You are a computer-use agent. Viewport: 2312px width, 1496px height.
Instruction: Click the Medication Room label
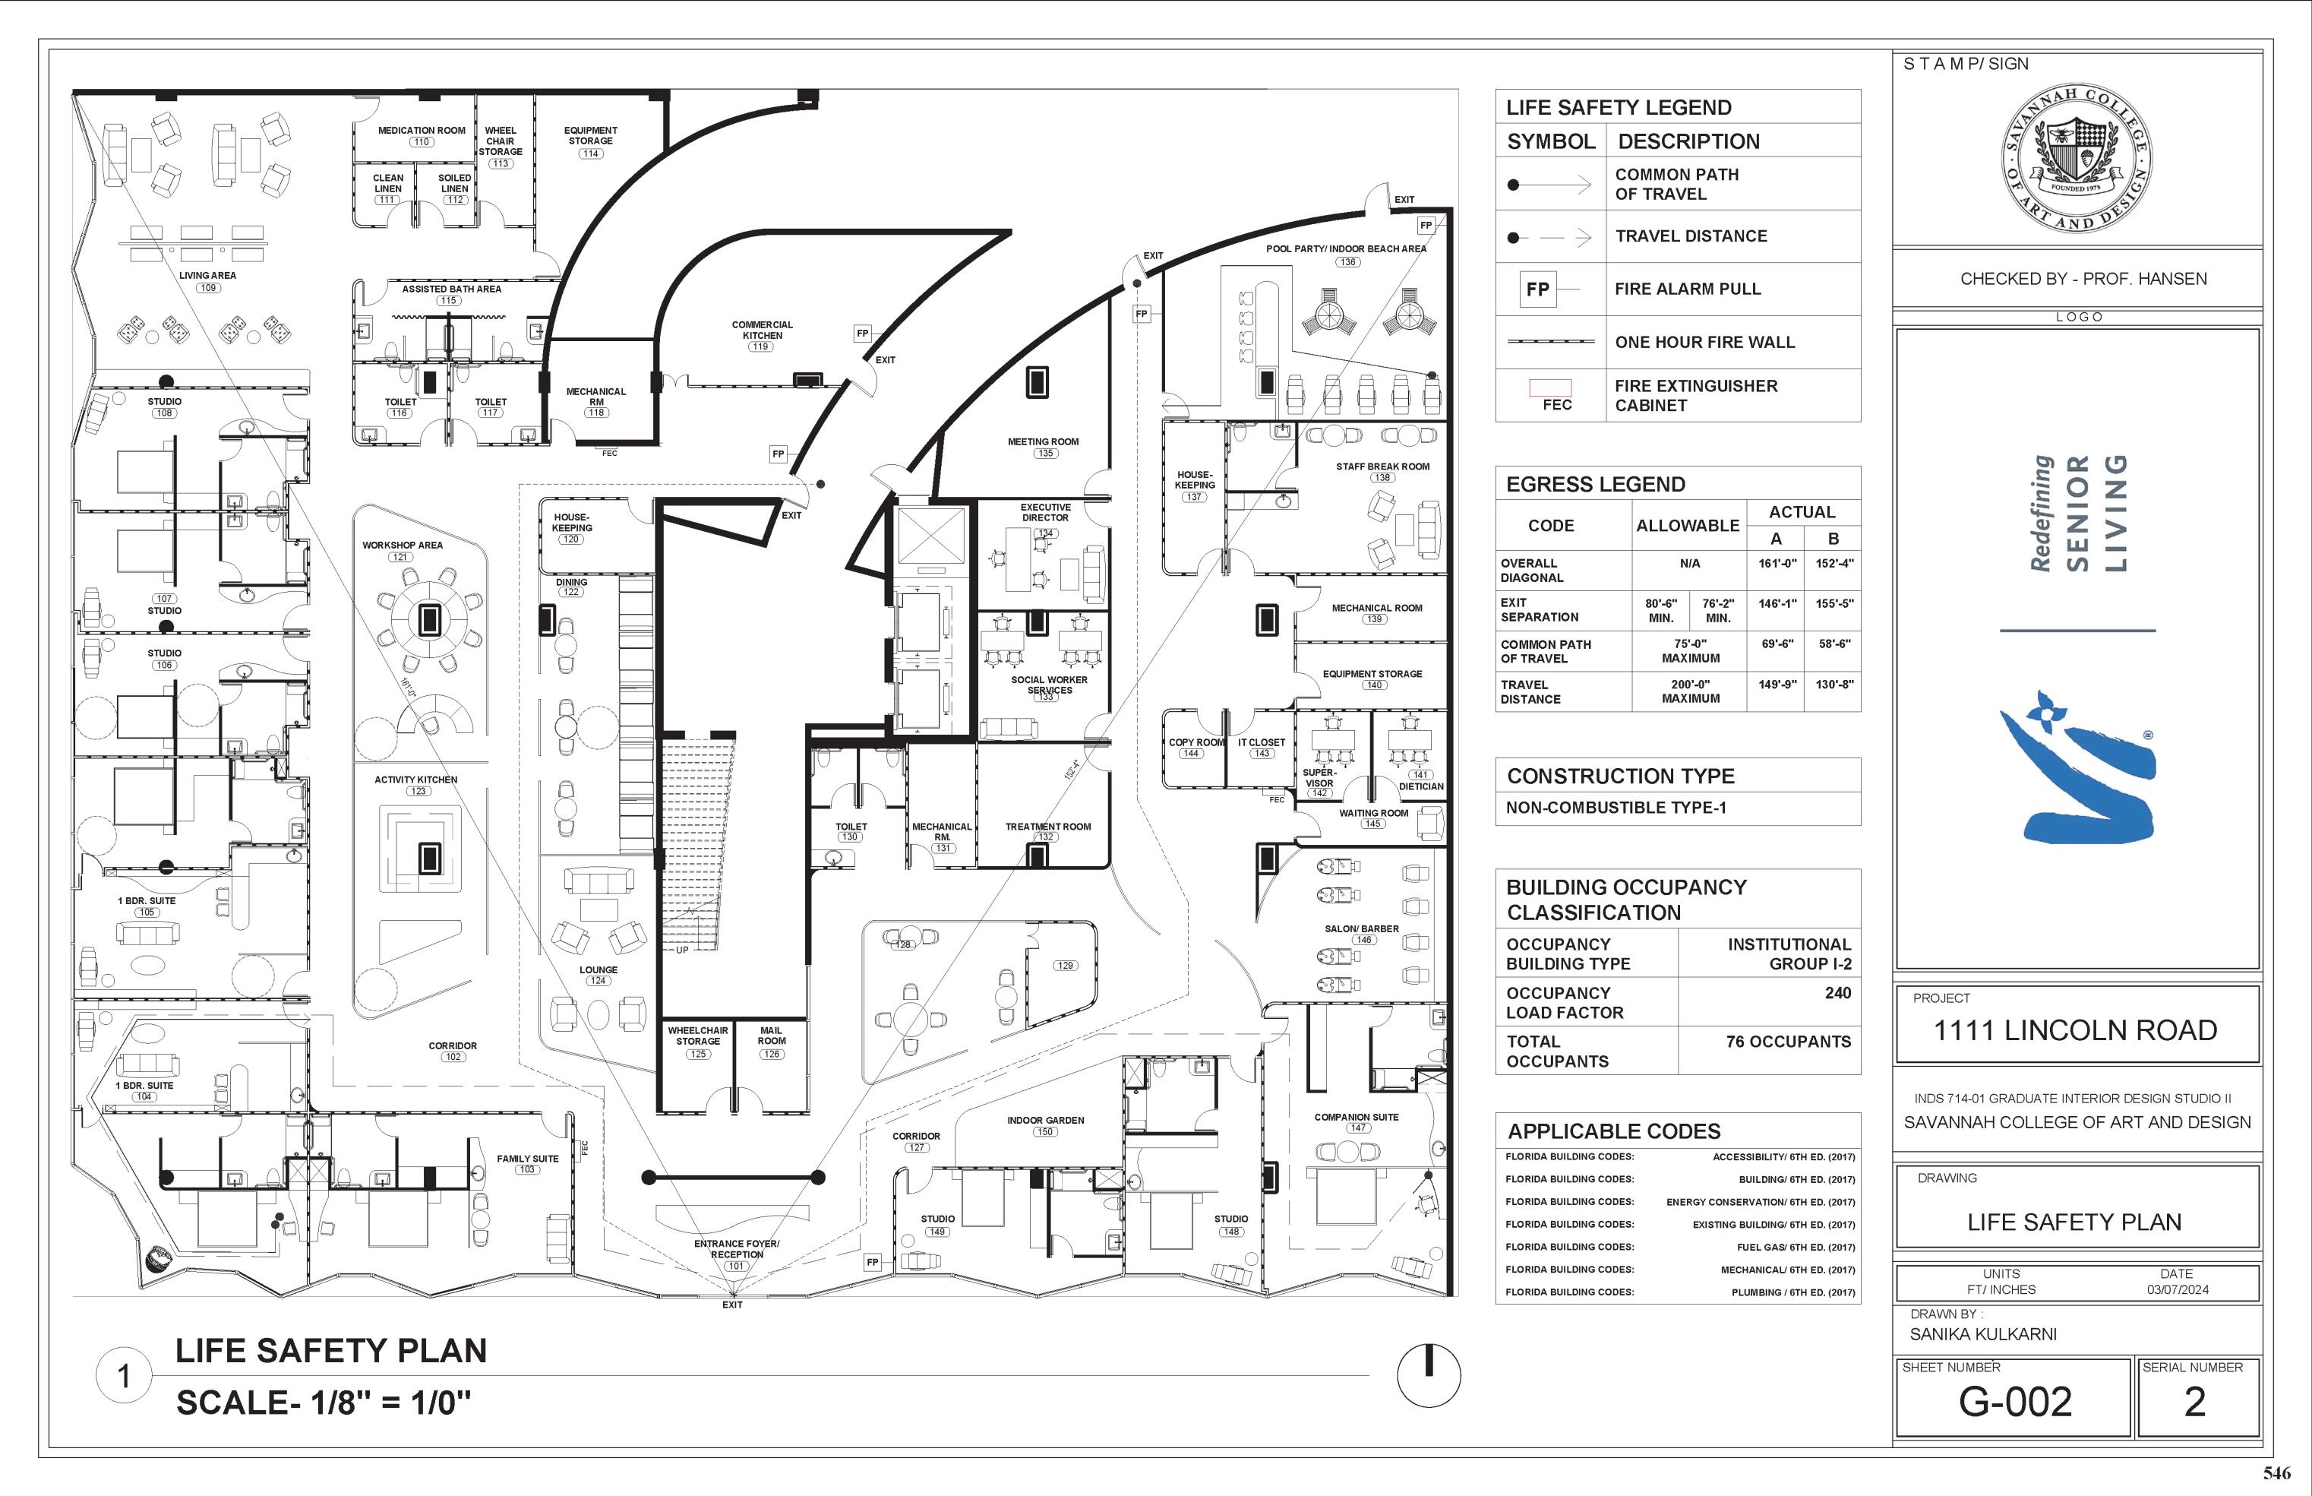point(422,130)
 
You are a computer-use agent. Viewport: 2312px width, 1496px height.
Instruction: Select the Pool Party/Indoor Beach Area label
point(1346,248)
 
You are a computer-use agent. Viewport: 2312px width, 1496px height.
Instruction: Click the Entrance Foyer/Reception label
point(736,1248)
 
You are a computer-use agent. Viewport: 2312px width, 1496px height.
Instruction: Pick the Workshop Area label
point(402,545)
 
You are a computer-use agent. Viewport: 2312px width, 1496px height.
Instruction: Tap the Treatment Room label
point(1047,827)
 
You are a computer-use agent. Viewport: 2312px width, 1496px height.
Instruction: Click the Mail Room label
point(771,1036)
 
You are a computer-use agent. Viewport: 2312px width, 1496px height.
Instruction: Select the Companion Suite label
point(1357,1117)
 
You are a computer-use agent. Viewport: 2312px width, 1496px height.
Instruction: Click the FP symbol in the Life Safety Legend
point(1537,289)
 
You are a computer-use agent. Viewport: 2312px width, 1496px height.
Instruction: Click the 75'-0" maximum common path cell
point(1690,651)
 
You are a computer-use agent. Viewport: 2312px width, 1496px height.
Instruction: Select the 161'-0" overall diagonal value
point(1777,564)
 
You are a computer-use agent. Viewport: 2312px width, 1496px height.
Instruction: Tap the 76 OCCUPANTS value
point(1788,1042)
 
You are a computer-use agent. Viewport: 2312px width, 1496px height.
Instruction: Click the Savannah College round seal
point(2077,157)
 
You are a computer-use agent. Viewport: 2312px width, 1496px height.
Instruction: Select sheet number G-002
point(2015,1401)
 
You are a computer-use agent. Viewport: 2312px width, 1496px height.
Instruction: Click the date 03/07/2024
point(2177,1290)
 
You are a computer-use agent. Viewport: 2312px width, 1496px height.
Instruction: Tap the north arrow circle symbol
point(1429,1374)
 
